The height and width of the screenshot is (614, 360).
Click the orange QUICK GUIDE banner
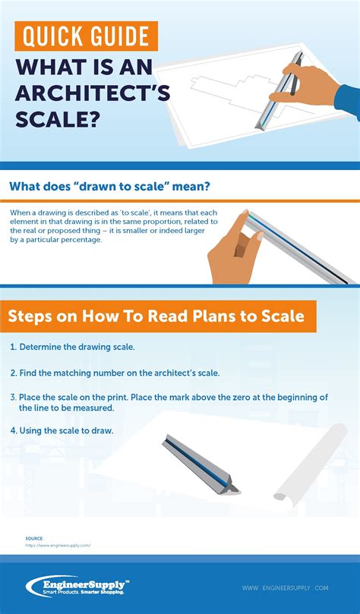tap(85, 36)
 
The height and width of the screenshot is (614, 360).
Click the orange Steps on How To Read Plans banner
tap(157, 316)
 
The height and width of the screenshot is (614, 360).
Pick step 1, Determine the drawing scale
tap(73, 346)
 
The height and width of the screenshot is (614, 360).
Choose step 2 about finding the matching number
tap(115, 373)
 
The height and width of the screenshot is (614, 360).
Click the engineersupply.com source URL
tap(58, 545)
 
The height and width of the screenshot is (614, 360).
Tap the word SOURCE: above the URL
tap(33, 538)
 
